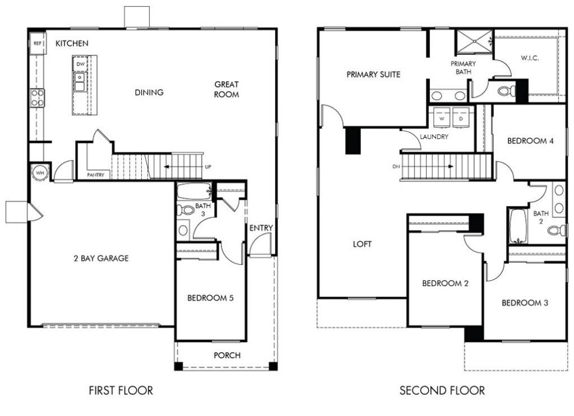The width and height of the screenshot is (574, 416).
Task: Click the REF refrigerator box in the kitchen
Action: [x=38, y=43]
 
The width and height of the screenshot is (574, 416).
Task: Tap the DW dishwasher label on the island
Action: [x=80, y=64]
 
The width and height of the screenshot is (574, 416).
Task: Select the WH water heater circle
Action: [x=40, y=172]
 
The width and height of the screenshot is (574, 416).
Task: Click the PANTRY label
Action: [x=96, y=175]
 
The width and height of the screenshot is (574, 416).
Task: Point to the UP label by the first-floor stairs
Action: [x=208, y=167]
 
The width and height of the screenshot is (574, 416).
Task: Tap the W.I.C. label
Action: [x=530, y=58]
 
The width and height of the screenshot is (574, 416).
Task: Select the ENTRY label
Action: [x=261, y=228]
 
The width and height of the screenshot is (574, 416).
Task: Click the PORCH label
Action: [x=227, y=355]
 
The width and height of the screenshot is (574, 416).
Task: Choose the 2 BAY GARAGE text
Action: [x=101, y=258]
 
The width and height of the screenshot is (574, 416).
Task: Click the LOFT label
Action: [x=362, y=244]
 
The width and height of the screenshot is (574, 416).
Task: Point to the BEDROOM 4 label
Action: [x=530, y=141]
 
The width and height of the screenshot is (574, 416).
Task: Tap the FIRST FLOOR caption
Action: [x=121, y=390]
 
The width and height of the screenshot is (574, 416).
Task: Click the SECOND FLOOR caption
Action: [x=442, y=390]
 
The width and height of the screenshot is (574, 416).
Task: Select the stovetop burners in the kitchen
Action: [x=38, y=98]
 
